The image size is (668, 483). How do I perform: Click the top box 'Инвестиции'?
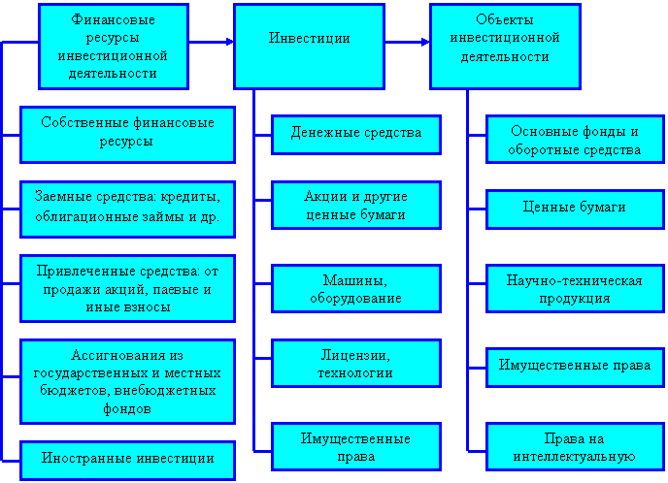tap(310, 39)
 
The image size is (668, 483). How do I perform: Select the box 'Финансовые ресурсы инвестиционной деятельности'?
tap(114, 47)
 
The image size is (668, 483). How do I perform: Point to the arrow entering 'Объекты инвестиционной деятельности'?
tap(422, 42)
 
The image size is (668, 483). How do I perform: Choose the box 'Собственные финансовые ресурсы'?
tap(127, 133)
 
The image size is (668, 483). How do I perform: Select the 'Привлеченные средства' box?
tap(127, 284)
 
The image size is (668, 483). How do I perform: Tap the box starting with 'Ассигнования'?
tap(127, 381)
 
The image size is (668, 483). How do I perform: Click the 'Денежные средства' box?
tap(356, 133)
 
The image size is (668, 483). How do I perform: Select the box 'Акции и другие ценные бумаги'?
tap(356, 206)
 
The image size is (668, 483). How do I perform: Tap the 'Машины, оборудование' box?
tap(356, 289)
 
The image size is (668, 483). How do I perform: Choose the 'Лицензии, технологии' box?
tap(356, 364)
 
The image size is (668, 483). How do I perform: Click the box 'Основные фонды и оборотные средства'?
tap(574, 141)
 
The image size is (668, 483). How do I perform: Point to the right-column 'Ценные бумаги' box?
tap(574, 208)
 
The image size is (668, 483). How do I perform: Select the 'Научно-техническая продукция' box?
tap(574, 289)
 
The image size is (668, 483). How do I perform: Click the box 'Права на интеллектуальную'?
tap(574, 446)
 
